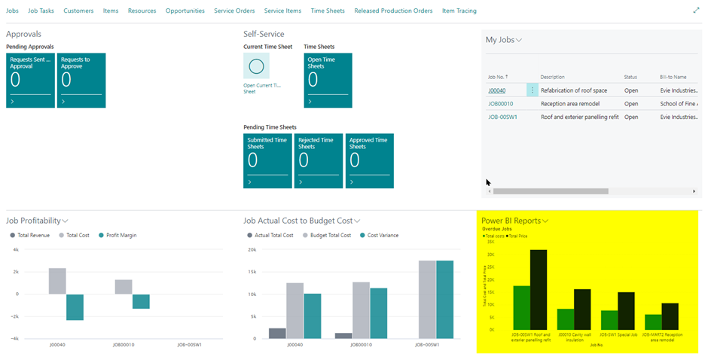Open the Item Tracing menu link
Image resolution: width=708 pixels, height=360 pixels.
(x=459, y=11)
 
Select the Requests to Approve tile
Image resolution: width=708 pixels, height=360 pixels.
(x=81, y=80)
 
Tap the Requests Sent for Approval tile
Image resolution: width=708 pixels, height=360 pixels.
(x=30, y=80)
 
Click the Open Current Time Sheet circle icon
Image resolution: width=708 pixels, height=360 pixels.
(x=256, y=66)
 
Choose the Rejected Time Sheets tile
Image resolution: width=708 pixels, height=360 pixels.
(x=319, y=160)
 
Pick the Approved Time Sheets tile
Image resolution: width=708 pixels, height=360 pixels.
(x=369, y=160)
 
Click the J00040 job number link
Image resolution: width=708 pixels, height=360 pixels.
(x=496, y=90)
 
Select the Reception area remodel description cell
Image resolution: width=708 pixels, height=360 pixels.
(x=570, y=104)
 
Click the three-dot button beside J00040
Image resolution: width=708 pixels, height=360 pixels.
(x=533, y=90)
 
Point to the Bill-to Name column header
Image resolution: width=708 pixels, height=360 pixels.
(x=673, y=77)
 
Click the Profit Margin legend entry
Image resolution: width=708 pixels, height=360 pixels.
(x=122, y=235)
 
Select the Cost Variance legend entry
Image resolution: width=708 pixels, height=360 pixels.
(x=382, y=235)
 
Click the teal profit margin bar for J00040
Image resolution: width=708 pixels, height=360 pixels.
(x=75, y=307)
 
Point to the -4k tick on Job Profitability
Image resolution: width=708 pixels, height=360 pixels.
(x=14, y=339)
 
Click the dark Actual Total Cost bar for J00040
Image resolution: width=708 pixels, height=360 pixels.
(x=277, y=333)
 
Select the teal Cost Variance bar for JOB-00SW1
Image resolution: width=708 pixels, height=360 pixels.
(x=446, y=299)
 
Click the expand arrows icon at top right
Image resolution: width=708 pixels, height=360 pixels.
(x=695, y=11)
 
